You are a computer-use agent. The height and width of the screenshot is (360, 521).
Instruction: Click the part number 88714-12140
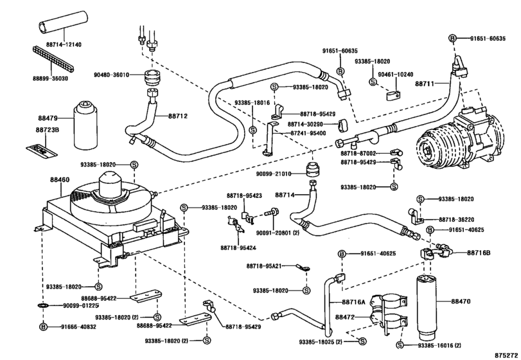(x=64, y=44)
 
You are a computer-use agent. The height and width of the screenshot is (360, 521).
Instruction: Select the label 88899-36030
(x=50, y=78)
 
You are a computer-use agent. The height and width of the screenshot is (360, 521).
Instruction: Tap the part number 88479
(x=48, y=118)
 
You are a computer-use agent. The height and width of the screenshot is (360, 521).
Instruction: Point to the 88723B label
(x=47, y=130)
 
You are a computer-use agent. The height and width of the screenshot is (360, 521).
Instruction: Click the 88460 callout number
(x=60, y=180)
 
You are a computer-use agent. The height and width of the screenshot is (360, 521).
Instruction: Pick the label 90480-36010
(x=111, y=75)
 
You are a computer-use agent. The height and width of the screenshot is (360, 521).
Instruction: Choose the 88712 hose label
(x=178, y=116)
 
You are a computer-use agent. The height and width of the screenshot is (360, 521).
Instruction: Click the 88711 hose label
(x=424, y=84)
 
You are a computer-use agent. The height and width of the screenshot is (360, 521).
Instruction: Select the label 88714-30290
(x=305, y=124)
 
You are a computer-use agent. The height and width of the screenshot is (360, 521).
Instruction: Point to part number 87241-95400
(x=308, y=133)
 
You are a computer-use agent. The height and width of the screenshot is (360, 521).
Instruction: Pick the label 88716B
(x=479, y=253)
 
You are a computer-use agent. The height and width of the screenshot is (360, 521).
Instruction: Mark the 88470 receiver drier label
(x=461, y=301)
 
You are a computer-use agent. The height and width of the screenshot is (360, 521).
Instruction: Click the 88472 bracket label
(x=345, y=317)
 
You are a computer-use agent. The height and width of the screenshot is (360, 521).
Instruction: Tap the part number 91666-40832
(x=78, y=327)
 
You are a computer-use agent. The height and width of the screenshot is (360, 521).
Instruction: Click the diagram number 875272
(x=506, y=355)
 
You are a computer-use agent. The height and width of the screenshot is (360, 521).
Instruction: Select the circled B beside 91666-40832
(x=44, y=327)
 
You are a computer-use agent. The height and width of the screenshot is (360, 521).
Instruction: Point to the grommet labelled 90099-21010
(x=313, y=170)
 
